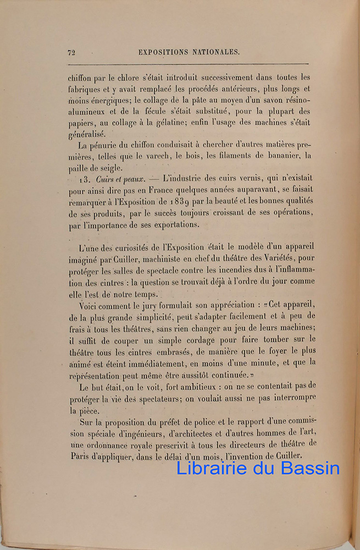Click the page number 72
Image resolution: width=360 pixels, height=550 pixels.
pyautogui.click(x=71, y=53)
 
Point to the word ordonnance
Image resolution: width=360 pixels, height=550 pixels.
pyautogui.click(x=109, y=444)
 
